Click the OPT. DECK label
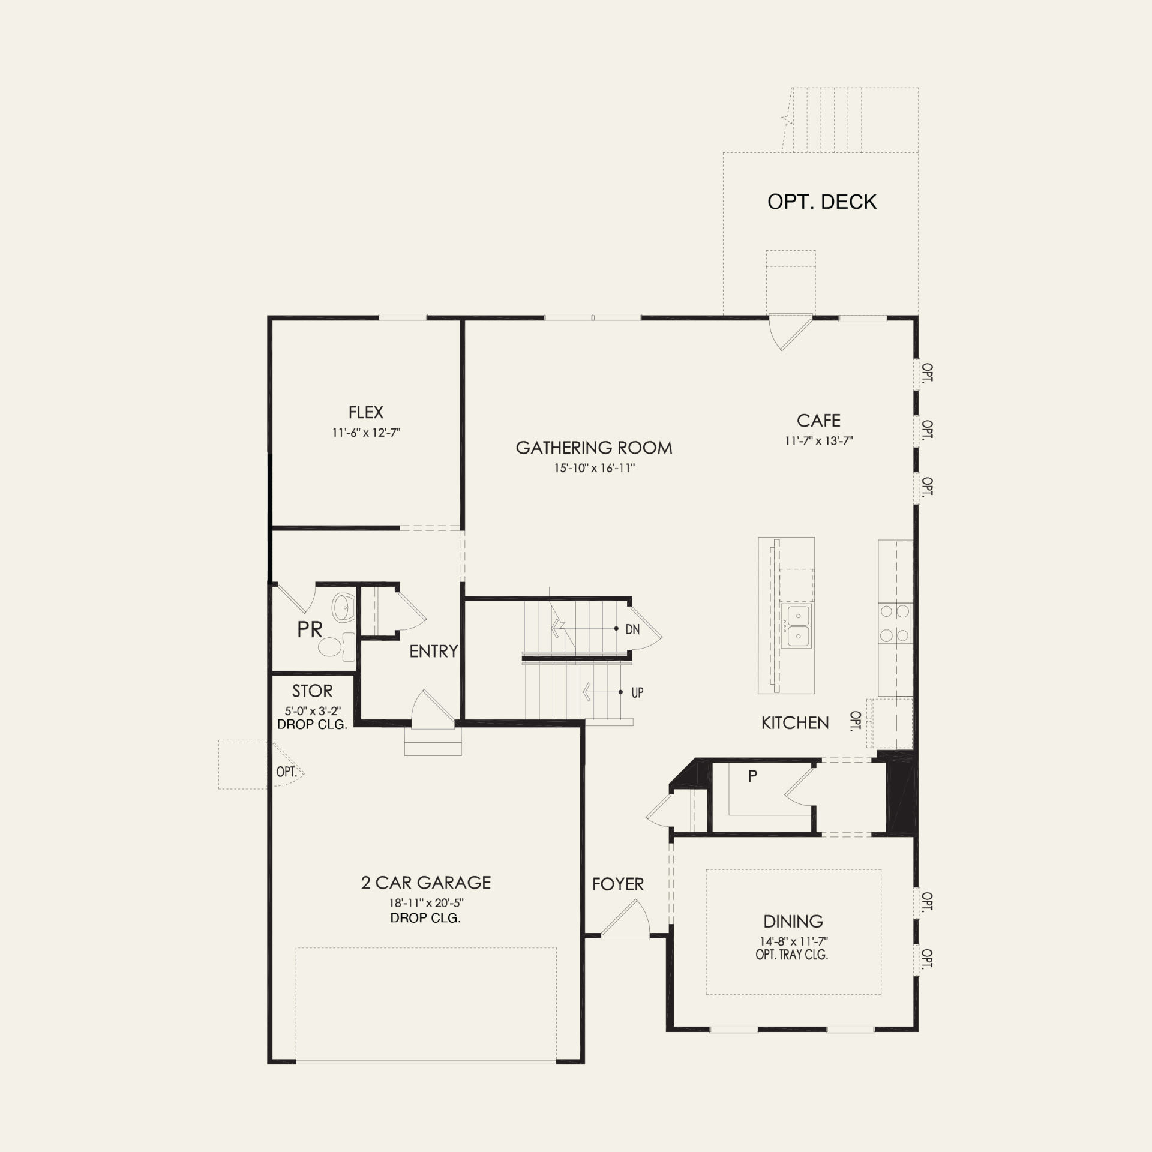821,202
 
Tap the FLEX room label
365,412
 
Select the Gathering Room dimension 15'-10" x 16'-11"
594,468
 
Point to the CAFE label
818,420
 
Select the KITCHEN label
795,723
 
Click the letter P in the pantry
752,776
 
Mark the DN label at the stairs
632,630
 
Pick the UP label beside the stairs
637,692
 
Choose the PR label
310,629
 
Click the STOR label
312,691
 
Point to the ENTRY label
433,651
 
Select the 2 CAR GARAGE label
425,883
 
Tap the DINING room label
793,921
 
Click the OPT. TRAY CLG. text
791,955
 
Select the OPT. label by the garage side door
286,772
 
